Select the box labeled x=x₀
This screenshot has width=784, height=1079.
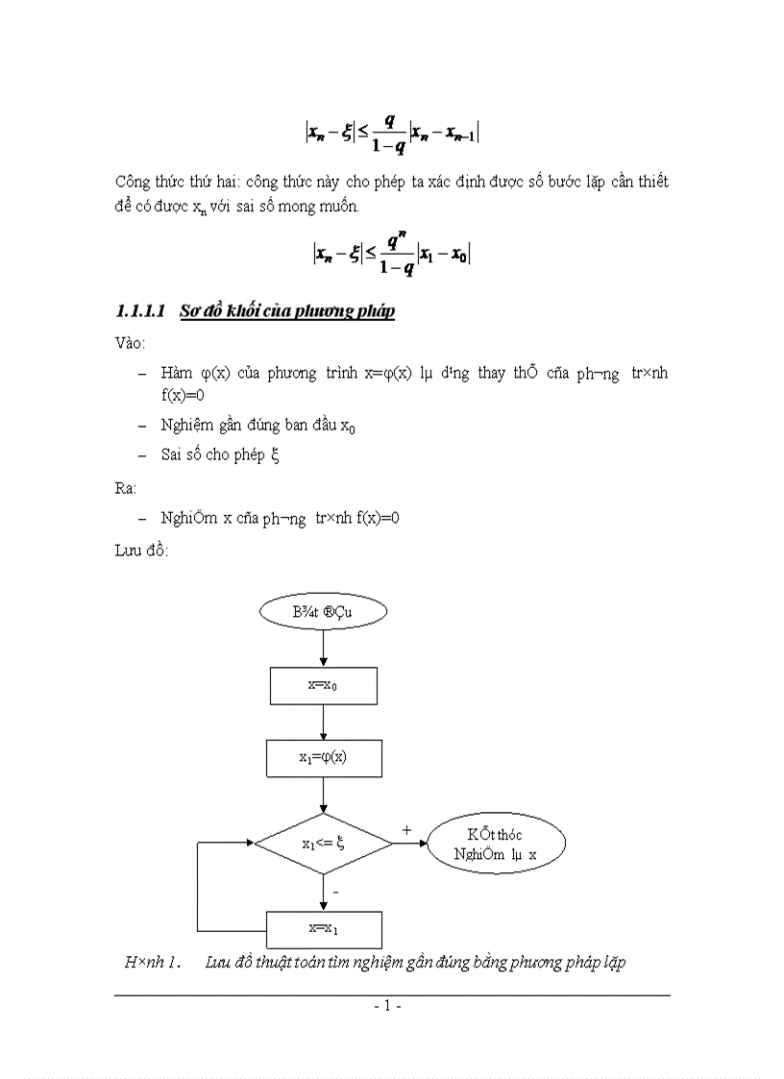[x=324, y=685]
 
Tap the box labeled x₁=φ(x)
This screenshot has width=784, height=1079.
[x=324, y=757]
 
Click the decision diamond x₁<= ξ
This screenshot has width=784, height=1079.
[x=324, y=844]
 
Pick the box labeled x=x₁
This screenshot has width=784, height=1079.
[x=324, y=929]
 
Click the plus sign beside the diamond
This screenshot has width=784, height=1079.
[x=405, y=828]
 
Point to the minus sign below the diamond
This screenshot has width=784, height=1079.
[x=334, y=893]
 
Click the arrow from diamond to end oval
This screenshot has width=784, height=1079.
[x=410, y=844]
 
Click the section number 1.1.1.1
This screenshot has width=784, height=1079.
[x=141, y=311]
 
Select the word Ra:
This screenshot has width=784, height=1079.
[x=126, y=488]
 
